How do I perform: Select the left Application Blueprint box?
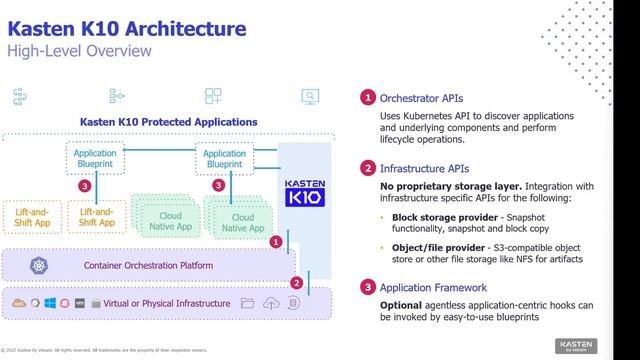97,159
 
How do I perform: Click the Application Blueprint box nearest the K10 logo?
224,159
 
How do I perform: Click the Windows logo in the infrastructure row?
48,302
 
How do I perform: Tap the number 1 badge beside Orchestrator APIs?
368,98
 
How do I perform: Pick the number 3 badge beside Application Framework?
368,288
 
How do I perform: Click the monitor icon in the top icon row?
310,96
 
